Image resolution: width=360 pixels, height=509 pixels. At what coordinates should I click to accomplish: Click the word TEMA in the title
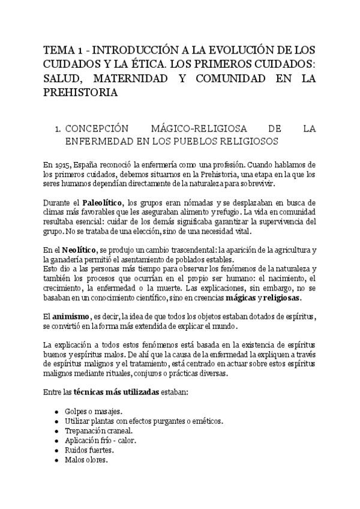point(59,49)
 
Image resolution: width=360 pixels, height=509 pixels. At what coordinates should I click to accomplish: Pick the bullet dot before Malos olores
point(56,460)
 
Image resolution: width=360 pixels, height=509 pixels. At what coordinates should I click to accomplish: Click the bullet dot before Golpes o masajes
point(56,412)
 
